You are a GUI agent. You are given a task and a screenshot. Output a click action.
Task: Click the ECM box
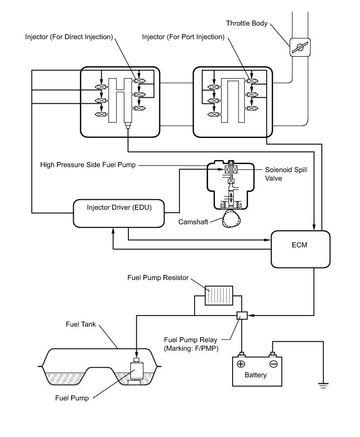pos(300,249)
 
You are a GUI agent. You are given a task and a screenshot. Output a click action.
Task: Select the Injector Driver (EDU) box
pos(119,213)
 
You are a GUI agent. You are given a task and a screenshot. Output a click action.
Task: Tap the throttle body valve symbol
pos(300,47)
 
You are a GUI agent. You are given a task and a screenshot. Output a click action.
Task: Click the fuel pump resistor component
pos(219,296)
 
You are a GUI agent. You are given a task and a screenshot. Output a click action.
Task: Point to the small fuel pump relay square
pos(242,315)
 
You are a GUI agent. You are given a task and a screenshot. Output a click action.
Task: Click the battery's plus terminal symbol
pos(241,364)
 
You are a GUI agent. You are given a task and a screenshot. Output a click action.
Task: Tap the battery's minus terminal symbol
pos(273,364)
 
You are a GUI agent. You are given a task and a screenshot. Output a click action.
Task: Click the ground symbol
pos(323,386)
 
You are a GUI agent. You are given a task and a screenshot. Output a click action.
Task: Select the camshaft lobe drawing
pos(231,218)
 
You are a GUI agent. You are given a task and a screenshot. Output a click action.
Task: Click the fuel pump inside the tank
pos(136,371)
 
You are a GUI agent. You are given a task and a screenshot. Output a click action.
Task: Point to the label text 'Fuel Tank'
pos(81,324)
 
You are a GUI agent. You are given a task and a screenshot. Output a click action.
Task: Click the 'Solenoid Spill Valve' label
pos(286,174)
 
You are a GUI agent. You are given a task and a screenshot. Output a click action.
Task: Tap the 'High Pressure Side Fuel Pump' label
pos(88,165)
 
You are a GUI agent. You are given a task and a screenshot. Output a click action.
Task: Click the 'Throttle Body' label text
pos(247,23)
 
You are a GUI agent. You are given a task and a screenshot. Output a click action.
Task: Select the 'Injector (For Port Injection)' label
pos(183,37)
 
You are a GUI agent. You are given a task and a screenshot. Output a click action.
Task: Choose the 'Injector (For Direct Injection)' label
pos(69,37)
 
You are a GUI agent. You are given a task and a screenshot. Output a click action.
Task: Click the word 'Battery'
pos(255,375)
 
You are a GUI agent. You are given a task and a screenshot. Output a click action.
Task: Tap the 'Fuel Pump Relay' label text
pos(191,340)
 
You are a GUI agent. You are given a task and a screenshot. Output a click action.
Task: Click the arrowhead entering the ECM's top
pos(314,227)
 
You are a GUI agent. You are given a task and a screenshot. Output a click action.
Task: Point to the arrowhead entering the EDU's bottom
pos(113,231)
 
